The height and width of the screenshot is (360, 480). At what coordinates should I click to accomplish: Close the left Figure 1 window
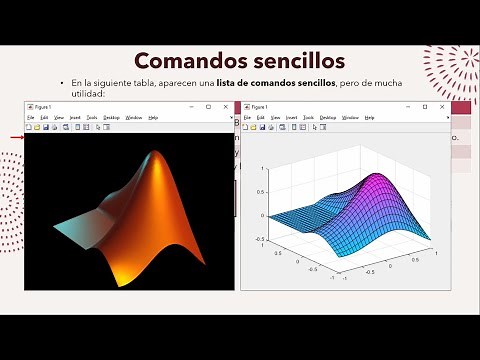click(227, 106)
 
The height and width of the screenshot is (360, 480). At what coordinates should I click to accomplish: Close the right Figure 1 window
click(445, 106)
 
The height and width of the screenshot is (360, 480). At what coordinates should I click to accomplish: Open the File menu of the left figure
click(30, 118)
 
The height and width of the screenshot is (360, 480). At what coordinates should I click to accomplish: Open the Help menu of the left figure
click(153, 118)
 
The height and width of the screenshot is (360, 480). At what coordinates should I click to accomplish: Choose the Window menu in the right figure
click(350, 118)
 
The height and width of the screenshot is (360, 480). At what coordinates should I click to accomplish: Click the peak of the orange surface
click(155, 154)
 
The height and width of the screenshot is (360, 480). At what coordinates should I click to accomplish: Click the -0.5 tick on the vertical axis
click(261, 239)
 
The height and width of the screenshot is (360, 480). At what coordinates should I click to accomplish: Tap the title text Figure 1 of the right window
click(262, 106)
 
